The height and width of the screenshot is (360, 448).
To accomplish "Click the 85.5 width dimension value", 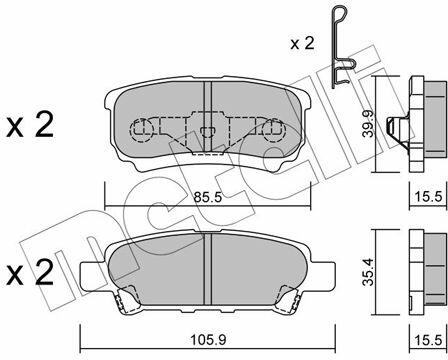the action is [208, 198].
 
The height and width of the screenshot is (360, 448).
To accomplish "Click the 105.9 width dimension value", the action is [208, 340].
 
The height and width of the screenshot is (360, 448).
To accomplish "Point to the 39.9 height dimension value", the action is [368, 124].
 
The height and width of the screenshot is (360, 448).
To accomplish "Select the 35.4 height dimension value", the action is [368, 272].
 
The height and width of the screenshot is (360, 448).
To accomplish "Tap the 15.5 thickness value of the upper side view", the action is [428, 197].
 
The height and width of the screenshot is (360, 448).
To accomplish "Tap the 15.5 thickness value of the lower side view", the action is [428, 340].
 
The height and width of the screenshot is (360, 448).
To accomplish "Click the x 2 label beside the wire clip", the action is [302, 44].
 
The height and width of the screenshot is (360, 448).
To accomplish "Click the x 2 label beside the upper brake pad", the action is [30, 125].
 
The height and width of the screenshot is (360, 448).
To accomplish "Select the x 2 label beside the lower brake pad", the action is [30, 273].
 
